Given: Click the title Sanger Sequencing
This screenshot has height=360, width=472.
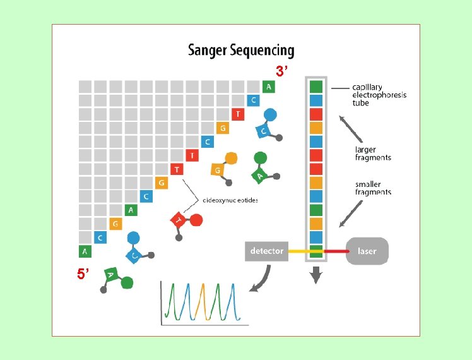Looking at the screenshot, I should pyautogui.click(x=241, y=51).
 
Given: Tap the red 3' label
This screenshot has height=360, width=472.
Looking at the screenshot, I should pyautogui.click(x=281, y=71).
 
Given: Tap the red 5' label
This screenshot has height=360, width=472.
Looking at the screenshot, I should pyautogui.click(x=83, y=273).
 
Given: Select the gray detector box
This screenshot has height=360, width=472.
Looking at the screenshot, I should pyautogui.click(x=267, y=251).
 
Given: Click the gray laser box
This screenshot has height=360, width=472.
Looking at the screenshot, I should pyautogui.click(x=367, y=251).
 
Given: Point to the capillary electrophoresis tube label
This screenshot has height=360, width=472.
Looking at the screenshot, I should pyautogui.click(x=379, y=95).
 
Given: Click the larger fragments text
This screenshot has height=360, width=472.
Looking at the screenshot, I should pyautogui.click(x=373, y=153).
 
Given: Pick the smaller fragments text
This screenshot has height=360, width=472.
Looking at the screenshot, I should pyautogui.click(x=373, y=188).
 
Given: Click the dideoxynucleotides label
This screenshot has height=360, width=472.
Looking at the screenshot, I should pyautogui.click(x=230, y=200).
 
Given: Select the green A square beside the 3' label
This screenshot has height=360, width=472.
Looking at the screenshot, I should pyautogui.click(x=269, y=87).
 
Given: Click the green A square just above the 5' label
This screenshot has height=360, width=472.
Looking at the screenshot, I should pyautogui.click(x=85, y=251).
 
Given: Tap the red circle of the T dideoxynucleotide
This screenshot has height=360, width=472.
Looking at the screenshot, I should pyautogui.click(x=196, y=220).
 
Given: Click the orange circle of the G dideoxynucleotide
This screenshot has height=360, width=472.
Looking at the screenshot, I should pyautogui.click(x=232, y=158).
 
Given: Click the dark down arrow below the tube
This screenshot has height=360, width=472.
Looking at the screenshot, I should pyautogui.click(x=316, y=275).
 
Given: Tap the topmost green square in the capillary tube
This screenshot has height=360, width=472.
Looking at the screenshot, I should pyautogui.click(x=316, y=87).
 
